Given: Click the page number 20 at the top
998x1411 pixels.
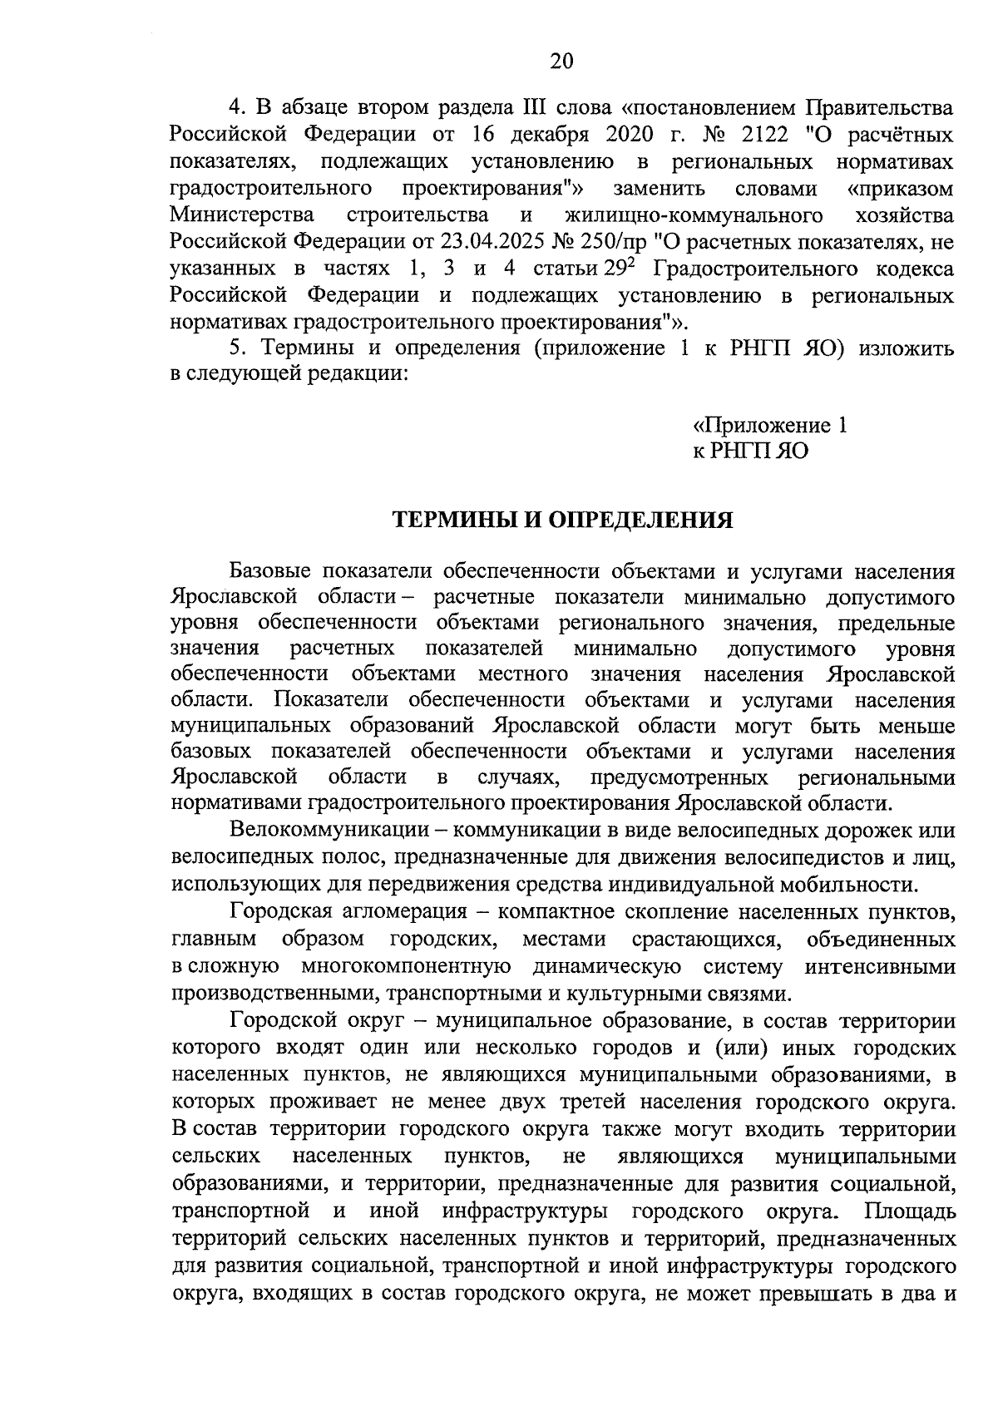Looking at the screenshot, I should tap(561, 62).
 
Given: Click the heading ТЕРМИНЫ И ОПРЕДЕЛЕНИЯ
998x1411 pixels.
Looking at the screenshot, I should tap(562, 521).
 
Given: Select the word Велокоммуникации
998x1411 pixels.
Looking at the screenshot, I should tap(330, 831).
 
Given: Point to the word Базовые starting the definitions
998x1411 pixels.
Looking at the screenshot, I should tap(270, 572).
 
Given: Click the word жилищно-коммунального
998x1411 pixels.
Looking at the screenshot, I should tap(693, 215).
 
